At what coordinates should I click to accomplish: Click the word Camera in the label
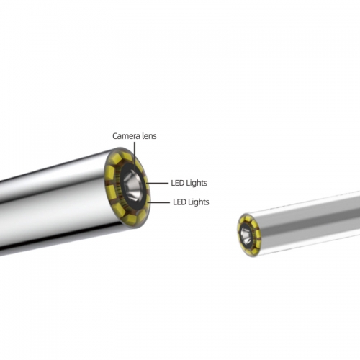pos(126,136)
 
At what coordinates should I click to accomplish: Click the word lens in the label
pos(149,136)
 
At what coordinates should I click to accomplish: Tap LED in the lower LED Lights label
pos(179,202)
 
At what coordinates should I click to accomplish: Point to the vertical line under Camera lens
pos(135,157)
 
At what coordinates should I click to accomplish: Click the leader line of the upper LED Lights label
pos(157,184)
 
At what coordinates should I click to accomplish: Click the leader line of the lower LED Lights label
pos(158,202)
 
